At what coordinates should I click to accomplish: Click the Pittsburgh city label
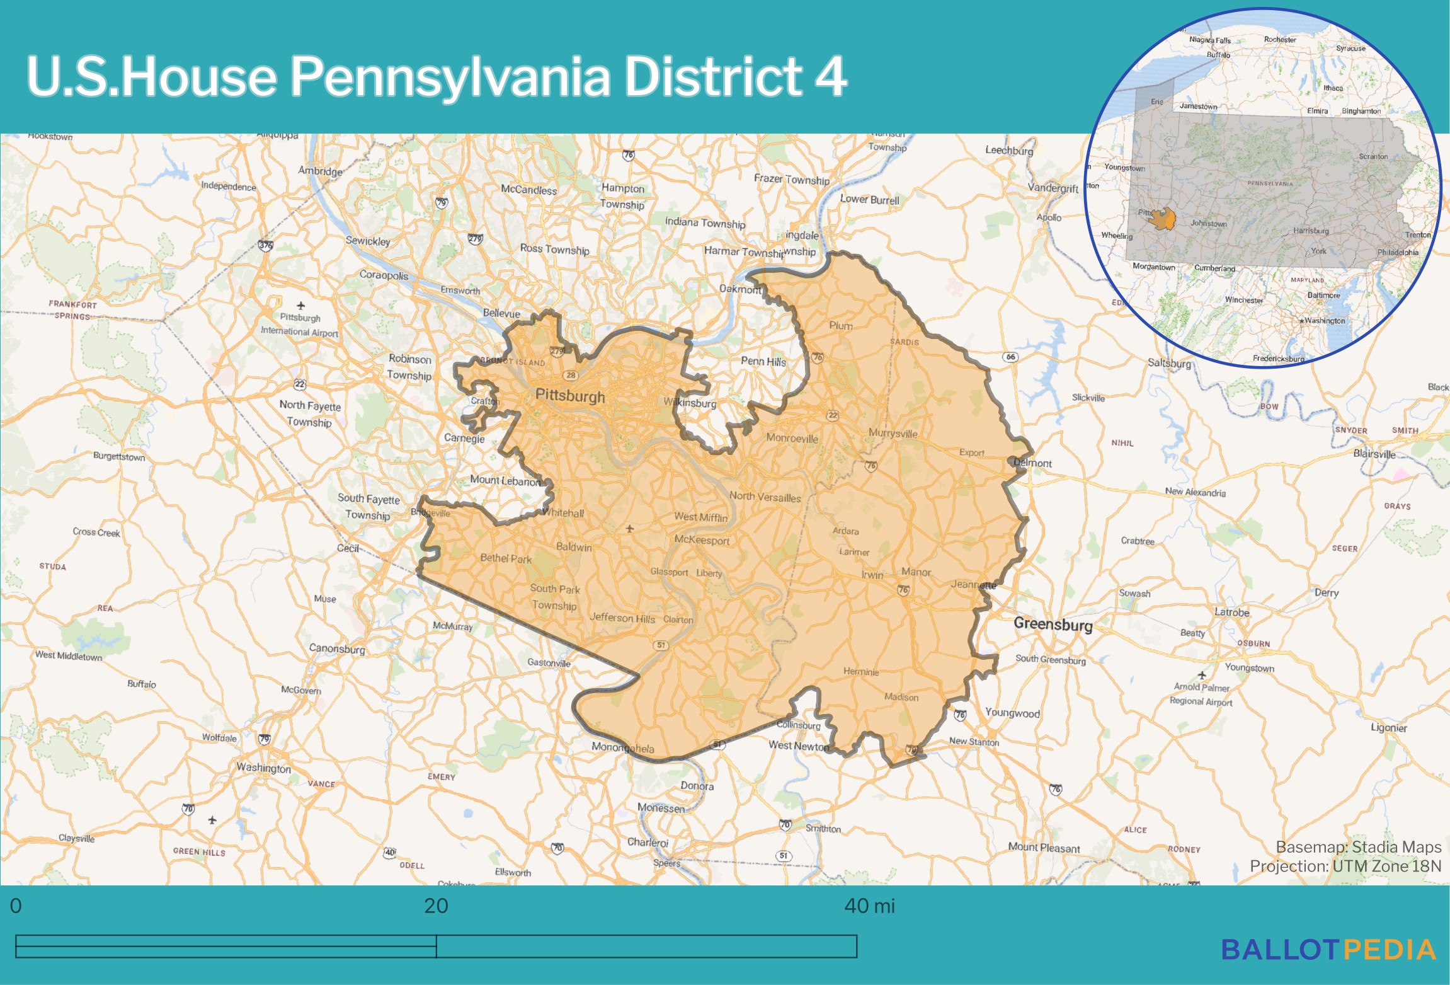[569, 396]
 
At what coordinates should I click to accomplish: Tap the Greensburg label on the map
[1053, 624]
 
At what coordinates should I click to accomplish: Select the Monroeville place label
[792, 438]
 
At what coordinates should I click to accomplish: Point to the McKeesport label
[702, 540]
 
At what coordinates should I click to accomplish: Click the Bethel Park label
[506, 558]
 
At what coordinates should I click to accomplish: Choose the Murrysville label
[893, 433]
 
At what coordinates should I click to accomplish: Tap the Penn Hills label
[763, 361]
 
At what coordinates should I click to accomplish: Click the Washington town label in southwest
[263, 768]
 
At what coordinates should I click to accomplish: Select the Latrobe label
[1231, 612]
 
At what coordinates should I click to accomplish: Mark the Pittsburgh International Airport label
[300, 325]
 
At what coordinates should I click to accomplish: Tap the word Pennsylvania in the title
[450, 77]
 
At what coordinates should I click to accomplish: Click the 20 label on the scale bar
[436, 906]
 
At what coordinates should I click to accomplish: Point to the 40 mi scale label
[869, 906]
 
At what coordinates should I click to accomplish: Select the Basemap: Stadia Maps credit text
[1358, 847]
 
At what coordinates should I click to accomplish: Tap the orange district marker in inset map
[1163, 219]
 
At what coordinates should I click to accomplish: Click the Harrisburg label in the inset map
[1310, 231]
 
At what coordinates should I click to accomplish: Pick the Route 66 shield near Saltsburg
[1010, 357]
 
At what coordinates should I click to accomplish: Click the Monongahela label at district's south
[622, 748]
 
